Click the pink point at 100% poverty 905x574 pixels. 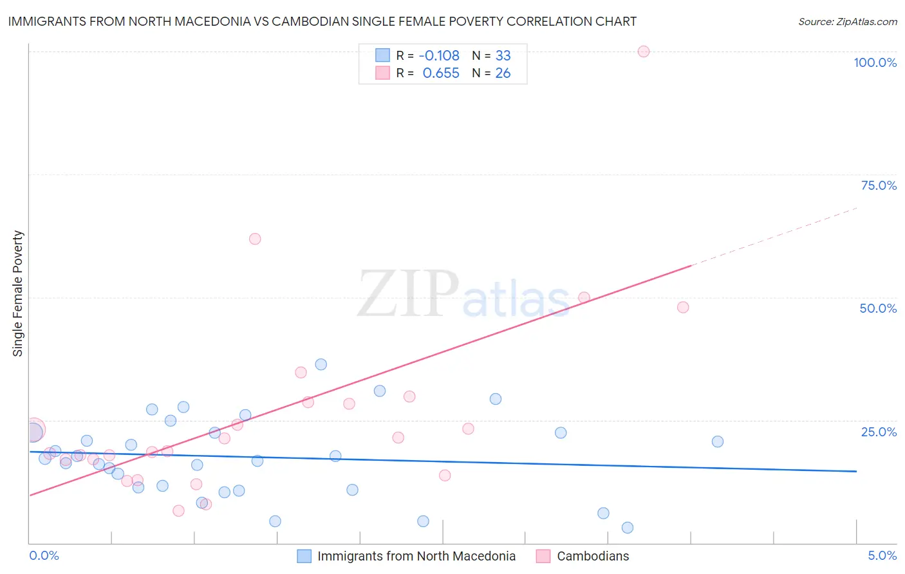pos(643,51)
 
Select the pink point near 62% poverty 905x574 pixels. pos(255,239)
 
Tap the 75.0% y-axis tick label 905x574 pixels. pos(879,185)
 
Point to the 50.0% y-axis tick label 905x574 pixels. pos(878,308)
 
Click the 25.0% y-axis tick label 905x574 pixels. pos(879,432)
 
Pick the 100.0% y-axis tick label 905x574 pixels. pos(875,62)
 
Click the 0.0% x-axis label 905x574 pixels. pos(44,555)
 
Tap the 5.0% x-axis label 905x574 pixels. pos(882,555)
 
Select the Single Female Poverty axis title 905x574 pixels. pos(18,293)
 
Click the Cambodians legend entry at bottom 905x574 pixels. pos(592,556)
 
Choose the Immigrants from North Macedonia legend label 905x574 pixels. pos(416,556)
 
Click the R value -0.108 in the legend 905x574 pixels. pos(439,55)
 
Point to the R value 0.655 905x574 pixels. pos(441,73)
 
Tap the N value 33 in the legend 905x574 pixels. pos(503,55)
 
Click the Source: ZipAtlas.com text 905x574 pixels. pos(847,22)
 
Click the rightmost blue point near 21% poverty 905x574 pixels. pos(718,441)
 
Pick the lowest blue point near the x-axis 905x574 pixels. pos(628,528)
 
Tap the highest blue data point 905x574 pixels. pos(321,364)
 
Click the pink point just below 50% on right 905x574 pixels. pos(683,307)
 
